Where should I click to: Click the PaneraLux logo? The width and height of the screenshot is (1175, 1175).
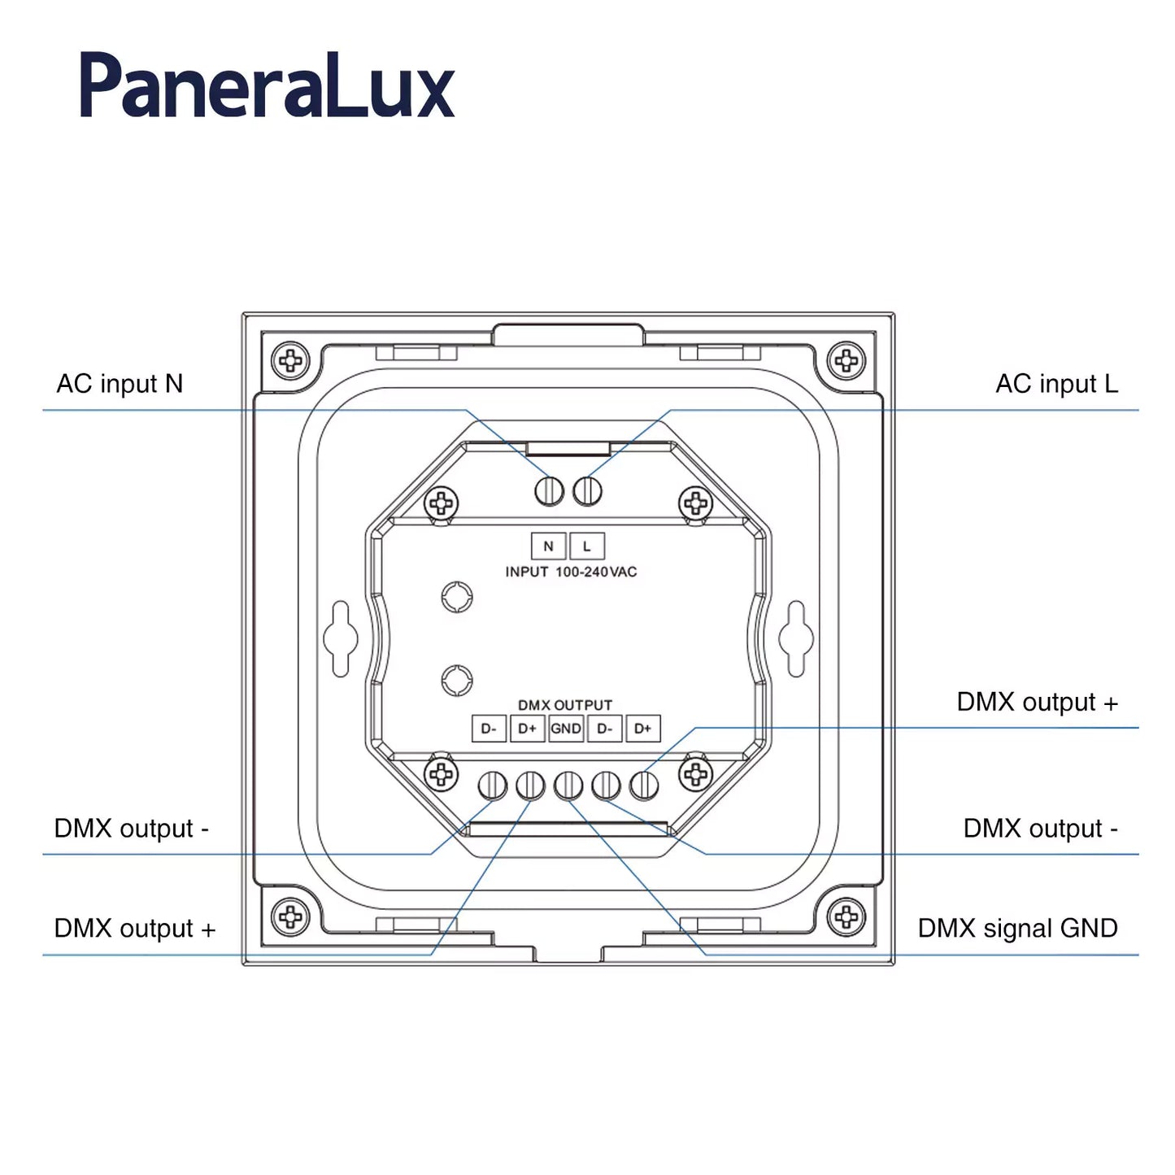pyautogui.click(x=267, y=86)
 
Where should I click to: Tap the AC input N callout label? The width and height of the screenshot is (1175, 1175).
pyautogui.click(x=120, y=384)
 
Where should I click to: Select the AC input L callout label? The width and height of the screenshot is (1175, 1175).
pyautogui.click(x=1055, y=384)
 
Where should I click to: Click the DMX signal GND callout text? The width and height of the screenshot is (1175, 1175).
pyautogui.click(x=1016, y=929)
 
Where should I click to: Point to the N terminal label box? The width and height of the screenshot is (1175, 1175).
pyautogui.click(x=548, y=546)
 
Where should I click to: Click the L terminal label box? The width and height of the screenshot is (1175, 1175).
pyautogui.click(x=587, y=546)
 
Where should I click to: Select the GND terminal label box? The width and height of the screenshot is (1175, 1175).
pyautogui.click(x=566, y=729)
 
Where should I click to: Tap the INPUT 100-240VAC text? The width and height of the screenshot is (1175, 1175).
pyautogui.click(x=571, y=572)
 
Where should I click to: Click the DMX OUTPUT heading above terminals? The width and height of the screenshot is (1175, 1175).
pyautogui.click(x=565, y=705)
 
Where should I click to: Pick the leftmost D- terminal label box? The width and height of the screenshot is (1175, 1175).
pyautogui.click(x=489, y=729)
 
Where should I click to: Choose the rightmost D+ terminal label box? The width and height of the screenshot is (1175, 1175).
pyautogui.click(x=642, y=729)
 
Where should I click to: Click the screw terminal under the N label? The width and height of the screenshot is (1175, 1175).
pyautogui.click(x=549, y=490)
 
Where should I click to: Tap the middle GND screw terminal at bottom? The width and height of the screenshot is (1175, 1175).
pyautogui.click(x=568, y=786)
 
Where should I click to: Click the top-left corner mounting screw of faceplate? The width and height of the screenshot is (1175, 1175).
pyautogui.click(x=290, y=359)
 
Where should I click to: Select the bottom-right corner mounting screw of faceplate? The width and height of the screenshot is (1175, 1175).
pyautogui.click(x=846, y=917)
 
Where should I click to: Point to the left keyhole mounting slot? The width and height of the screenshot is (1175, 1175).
pyautogui.click(x=340, y=638)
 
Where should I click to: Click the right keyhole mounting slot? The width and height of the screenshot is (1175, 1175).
pyautogui.click(x=795, y=638)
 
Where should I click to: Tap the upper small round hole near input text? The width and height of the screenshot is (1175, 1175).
pyautogui.click(x=457, y=597)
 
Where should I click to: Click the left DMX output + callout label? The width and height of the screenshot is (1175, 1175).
pyautogui.click(x=134, y=929)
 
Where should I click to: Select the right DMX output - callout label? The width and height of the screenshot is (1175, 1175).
pyautogui.click(x=1039, y=829)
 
